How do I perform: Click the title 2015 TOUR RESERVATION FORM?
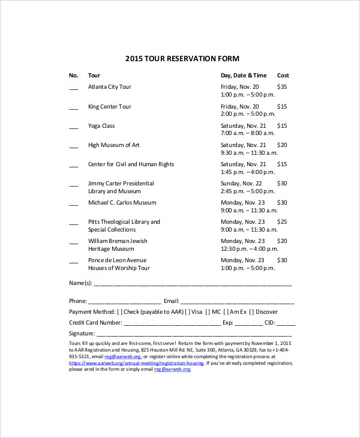tap(182, 59)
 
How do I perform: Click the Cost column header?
tap(283, 76)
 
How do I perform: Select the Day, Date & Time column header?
tap(243, 76)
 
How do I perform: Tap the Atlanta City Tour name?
tap(109, 87)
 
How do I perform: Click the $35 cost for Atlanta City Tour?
tap(282, 87)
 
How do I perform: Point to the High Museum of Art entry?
tap(113, 145)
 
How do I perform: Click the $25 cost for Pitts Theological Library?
tap(282, 222)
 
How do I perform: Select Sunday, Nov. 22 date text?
tap(241, 184)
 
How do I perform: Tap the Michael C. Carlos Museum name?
tap(122, 203)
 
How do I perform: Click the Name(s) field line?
tap(192, 284)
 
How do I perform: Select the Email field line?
tap(237, 302)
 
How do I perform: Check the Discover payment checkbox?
tap(252, 312)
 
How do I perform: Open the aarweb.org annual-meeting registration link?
tap(136, 363)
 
